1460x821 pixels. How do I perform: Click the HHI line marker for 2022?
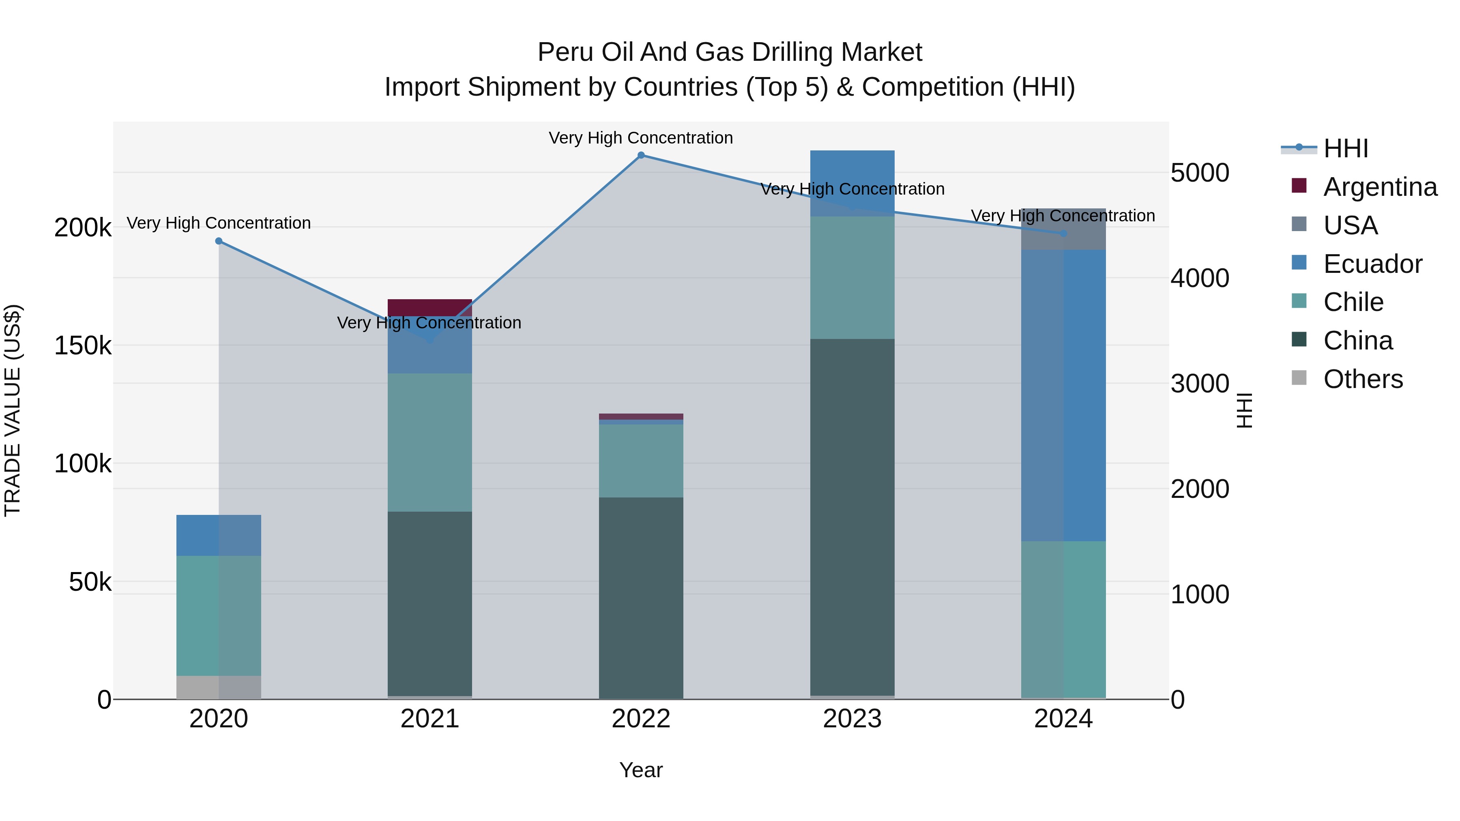coord(641,155)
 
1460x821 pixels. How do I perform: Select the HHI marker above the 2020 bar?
coord(219,241)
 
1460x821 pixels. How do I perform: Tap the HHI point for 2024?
coord(1063,234)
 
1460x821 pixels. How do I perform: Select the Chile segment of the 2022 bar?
coord(641,461)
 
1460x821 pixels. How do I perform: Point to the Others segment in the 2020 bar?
coord(219,687)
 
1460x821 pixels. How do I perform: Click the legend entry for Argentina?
coord(1380,187)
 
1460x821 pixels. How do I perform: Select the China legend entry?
coord(1357,341)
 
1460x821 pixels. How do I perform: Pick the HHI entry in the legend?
coord(1346,148)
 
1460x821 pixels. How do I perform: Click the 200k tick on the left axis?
coord(83,228)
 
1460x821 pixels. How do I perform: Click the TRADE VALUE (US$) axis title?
coord(13,410)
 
